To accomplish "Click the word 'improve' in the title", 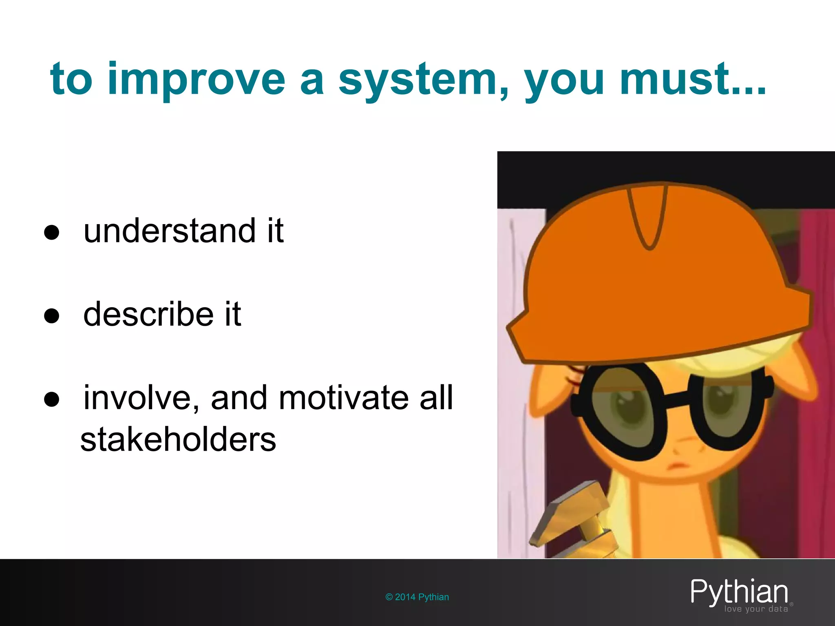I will (196, 79).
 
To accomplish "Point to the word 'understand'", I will (170, 231).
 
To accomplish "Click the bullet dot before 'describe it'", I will (52, 316).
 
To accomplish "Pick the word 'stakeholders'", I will (178, 440).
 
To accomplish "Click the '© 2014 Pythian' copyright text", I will (417, 597).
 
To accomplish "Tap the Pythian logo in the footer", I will (739, 592).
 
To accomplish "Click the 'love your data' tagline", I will (756, 609).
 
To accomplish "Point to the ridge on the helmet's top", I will (648, 216).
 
